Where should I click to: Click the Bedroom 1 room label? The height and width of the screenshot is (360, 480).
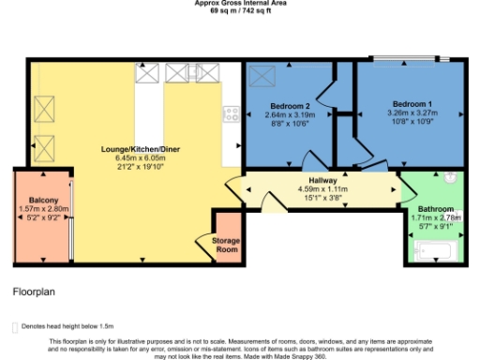pos(412,103)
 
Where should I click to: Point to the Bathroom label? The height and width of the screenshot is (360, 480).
pos(436,207)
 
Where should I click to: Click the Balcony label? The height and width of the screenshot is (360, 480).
pos(44,201)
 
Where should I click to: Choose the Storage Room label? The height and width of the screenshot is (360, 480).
pos(227,246)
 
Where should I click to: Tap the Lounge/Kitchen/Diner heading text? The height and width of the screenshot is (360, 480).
pos(141,149)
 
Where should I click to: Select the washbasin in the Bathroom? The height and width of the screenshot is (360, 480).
pos(450,177)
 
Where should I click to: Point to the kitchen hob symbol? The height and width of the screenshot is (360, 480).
pos(232,114)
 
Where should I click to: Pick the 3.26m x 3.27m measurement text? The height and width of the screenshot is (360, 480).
pos(412,112)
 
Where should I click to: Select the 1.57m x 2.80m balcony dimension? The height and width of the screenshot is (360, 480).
pos(44,210)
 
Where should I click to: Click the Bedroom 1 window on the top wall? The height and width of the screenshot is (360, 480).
pos(410,61)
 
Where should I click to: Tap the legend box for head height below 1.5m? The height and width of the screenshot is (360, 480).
pos(12,326)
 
